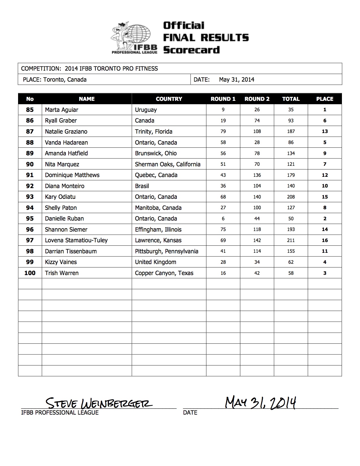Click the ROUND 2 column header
point(257,99)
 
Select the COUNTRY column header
point(169,99)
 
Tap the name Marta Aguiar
point(62,110)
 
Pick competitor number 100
point(30,273)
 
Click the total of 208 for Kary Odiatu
point(291,197)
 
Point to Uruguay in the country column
point(146,110)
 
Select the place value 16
point(325,240)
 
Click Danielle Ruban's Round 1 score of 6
point(223,219)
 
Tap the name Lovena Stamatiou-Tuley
point(76,240)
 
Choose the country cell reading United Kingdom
point(156,262)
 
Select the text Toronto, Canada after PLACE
point(65,80)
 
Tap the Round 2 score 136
point(257,175)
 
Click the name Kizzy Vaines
point(61,262)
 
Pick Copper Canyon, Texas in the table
point(164,273)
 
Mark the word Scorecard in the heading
point(191,50)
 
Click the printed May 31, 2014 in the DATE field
point(237,80)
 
